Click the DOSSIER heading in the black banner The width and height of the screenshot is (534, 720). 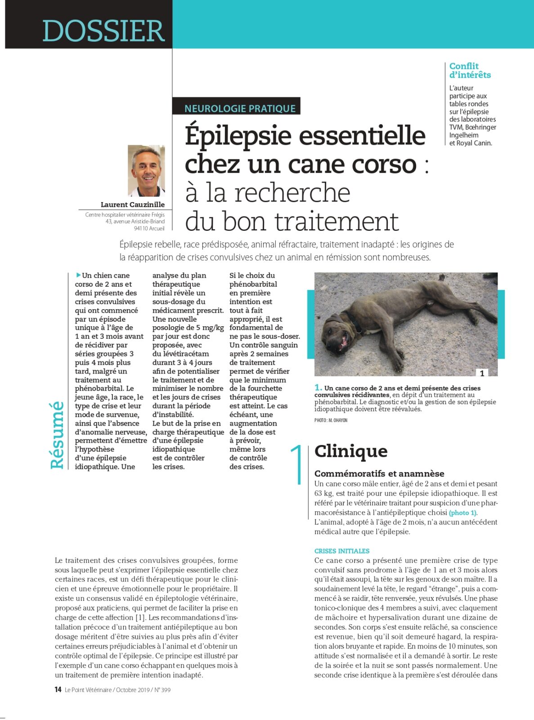pos(103,31)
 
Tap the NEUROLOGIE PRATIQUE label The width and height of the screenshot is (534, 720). pos(240,108)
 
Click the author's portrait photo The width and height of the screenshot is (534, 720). pos(146,171)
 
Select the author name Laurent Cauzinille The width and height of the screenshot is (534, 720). pos(133,204)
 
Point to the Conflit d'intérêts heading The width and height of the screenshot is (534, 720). pos(470,71)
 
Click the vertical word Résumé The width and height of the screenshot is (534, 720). pos(58,435)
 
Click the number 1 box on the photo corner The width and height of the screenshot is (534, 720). pos(482,373)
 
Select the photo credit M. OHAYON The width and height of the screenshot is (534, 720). pos(331,420)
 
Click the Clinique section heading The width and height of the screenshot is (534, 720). pos(351,451)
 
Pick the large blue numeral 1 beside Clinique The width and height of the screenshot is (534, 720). pos(297,465)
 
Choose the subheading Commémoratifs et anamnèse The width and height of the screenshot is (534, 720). pos(379,473)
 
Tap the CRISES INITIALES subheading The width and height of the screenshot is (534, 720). pos(341,551)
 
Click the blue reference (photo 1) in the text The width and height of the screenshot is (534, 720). pos(463,513)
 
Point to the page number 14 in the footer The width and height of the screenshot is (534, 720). pos(58,689)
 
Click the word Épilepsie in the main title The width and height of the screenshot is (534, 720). pos(238,136)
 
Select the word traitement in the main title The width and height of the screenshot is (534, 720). pos(337,221)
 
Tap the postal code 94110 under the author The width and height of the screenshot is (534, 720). pos(143,229)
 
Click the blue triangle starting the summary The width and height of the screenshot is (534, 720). pos(79,275)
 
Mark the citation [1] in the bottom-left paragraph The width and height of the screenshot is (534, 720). pos(141,617)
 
